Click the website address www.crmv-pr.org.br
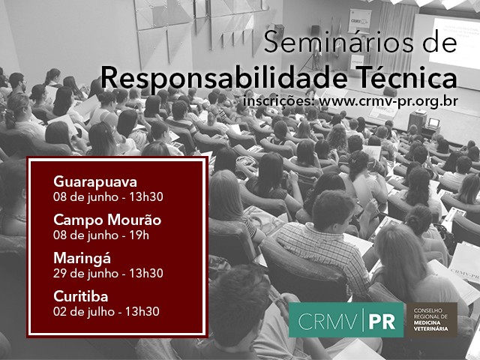[388, 101]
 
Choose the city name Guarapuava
[95, 182]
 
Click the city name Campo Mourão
[107, 220]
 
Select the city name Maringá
[82, 258]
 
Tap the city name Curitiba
[81, 296]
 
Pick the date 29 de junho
[86, 273]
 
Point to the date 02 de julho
[84, 312]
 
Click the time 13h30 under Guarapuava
[146, 196]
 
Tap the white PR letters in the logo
[382, 322]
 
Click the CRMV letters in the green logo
[327, 322]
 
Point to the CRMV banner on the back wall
[359, 21]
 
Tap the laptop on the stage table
[433, 123]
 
